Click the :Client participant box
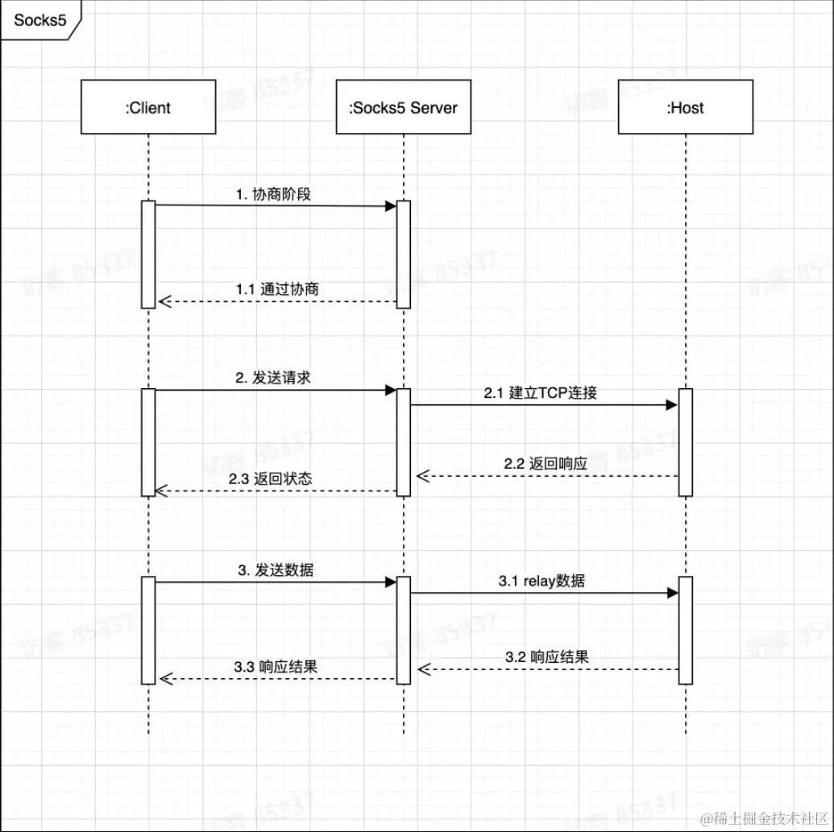tap(148, 107)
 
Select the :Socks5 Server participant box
tap(403, 107)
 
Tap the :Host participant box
tap(685, 107)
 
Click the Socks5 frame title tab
tap(40, 20)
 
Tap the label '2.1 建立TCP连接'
tap(541, 394)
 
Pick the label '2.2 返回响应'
tap(546, 464)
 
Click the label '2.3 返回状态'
tap(271, 478)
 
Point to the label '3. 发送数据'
tap(276, 570)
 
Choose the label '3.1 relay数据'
tap(541, 581)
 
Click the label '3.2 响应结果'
tap(547, 656)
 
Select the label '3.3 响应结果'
tap(276, 667)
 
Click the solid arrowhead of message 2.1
tap(672, 405)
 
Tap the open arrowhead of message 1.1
tap(164, 302)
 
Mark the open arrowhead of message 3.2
tap(423, 669)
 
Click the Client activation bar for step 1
tap(148, 254)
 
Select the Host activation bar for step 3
tap(685, 630)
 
